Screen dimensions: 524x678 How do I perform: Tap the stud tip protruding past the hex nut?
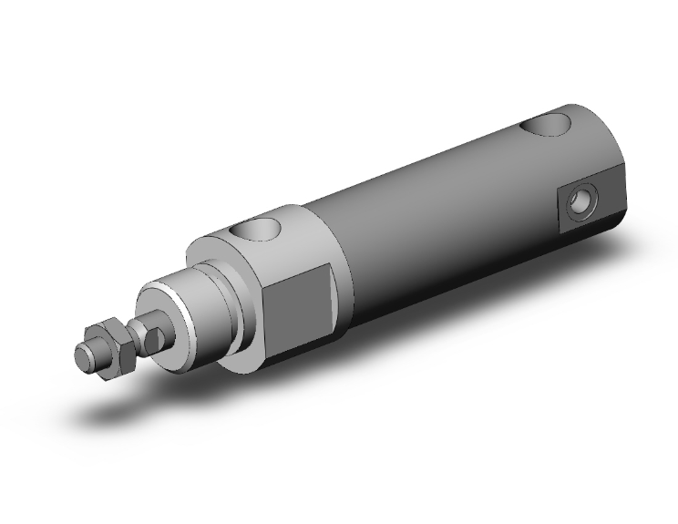coord(84,355)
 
